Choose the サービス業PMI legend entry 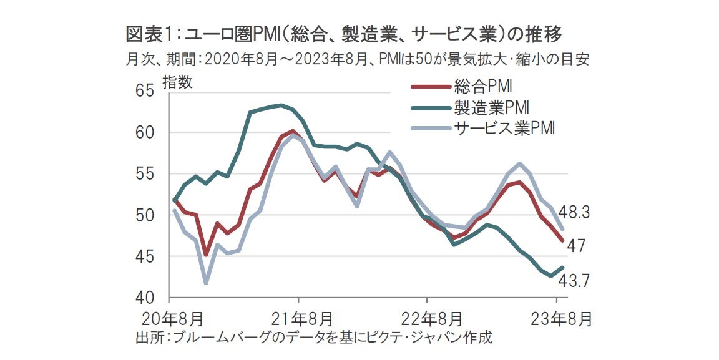[x=503, y=129]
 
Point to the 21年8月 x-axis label [x=298, y=319]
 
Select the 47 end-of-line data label [x=575, y=246]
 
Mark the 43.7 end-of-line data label [x=574, y=281]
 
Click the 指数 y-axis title [x=178, y=82]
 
